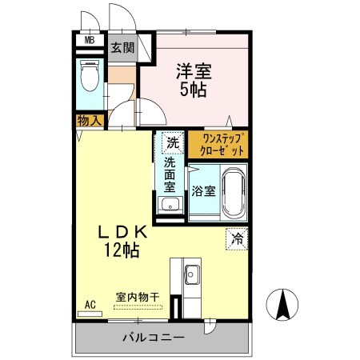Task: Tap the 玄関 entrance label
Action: pos(122,46)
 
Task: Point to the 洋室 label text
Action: pos(193,70)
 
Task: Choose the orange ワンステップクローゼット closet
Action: pos(218,145)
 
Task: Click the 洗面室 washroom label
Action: pos(170,174)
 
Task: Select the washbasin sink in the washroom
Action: pos(170,206)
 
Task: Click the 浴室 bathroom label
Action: pos(202,191)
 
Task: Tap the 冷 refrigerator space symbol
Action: pos(237,238)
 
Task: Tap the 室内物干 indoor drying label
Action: pos(137,296)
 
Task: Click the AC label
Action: pos(90,305)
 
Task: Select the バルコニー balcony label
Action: pos(153,337)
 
